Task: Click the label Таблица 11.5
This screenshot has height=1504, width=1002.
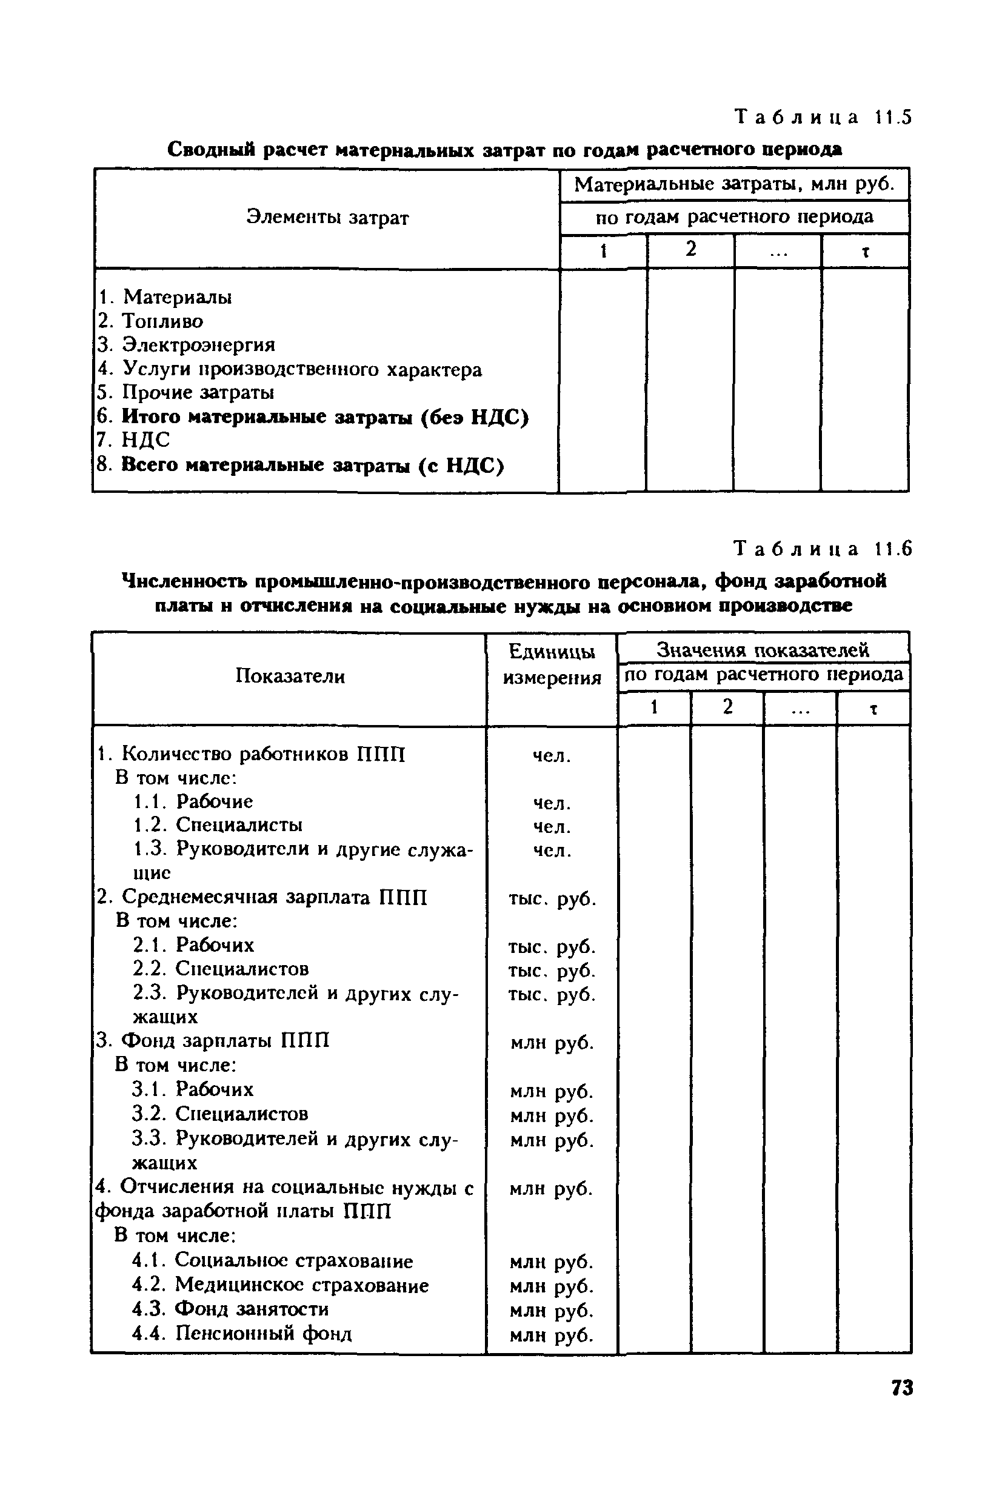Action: [823, 118]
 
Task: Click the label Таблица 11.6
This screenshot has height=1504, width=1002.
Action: [823, 549]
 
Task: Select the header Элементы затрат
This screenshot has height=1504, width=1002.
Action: [327, 218]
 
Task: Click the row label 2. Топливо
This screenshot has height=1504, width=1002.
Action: [151, 321]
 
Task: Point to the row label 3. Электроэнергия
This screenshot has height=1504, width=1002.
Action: [187, 345]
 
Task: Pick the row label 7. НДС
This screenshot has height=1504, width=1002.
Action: [134, 440]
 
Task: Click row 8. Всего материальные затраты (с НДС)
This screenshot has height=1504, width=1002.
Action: [300, 465]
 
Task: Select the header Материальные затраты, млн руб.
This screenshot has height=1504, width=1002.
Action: [734, 185]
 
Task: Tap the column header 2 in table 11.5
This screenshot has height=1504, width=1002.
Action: [691, 250]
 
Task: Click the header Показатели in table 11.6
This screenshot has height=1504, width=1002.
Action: [290, 676]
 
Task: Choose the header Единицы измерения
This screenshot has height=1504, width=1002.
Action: [552, 664]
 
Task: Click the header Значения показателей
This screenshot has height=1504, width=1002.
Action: [763, 650]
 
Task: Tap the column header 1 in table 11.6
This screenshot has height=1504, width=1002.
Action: [653, 707]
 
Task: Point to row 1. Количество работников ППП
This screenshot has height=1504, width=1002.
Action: [251, 755]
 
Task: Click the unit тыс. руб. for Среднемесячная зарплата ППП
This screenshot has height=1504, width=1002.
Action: [552, 899]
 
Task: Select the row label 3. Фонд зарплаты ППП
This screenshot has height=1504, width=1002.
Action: [213, 1041]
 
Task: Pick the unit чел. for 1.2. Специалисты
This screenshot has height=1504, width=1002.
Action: [552, 827]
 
